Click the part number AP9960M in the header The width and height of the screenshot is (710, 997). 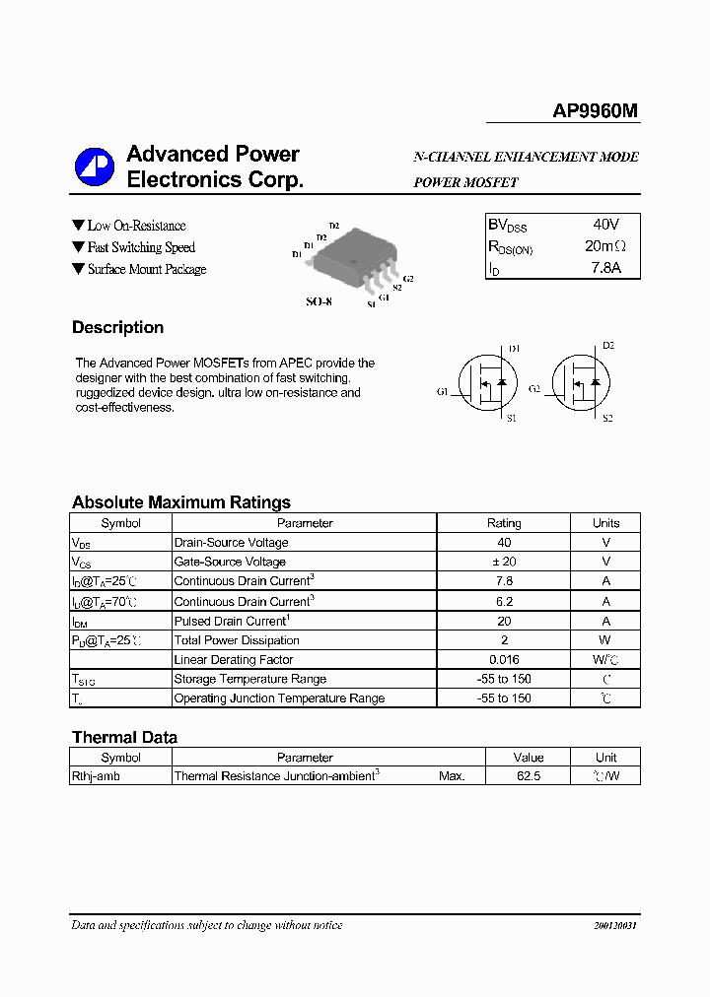pos(595,112)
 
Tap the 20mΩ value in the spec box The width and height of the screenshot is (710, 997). pos(604,246)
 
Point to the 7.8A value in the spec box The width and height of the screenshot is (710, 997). pos(604,268)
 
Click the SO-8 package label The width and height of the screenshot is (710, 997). pos(319,301)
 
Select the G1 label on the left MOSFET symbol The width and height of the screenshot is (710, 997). pos(443,391)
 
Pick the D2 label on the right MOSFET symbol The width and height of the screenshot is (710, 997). pos(607,346)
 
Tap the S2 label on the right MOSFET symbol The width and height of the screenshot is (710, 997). pos(607,419)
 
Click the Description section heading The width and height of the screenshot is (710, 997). pos(117,328)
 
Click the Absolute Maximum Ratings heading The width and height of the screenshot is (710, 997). pos(180,502)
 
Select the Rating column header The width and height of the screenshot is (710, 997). pos(504,523)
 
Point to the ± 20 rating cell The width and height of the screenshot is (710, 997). pos(504,562)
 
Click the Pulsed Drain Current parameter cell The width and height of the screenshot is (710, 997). pos(232,621)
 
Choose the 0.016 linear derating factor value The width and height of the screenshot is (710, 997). pos(504,659)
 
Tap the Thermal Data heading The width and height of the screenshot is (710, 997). pos(124,737)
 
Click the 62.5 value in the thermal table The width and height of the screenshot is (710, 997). pos(528,776)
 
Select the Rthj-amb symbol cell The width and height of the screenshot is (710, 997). pos(95,776)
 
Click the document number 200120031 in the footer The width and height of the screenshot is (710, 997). pos(615,926)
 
